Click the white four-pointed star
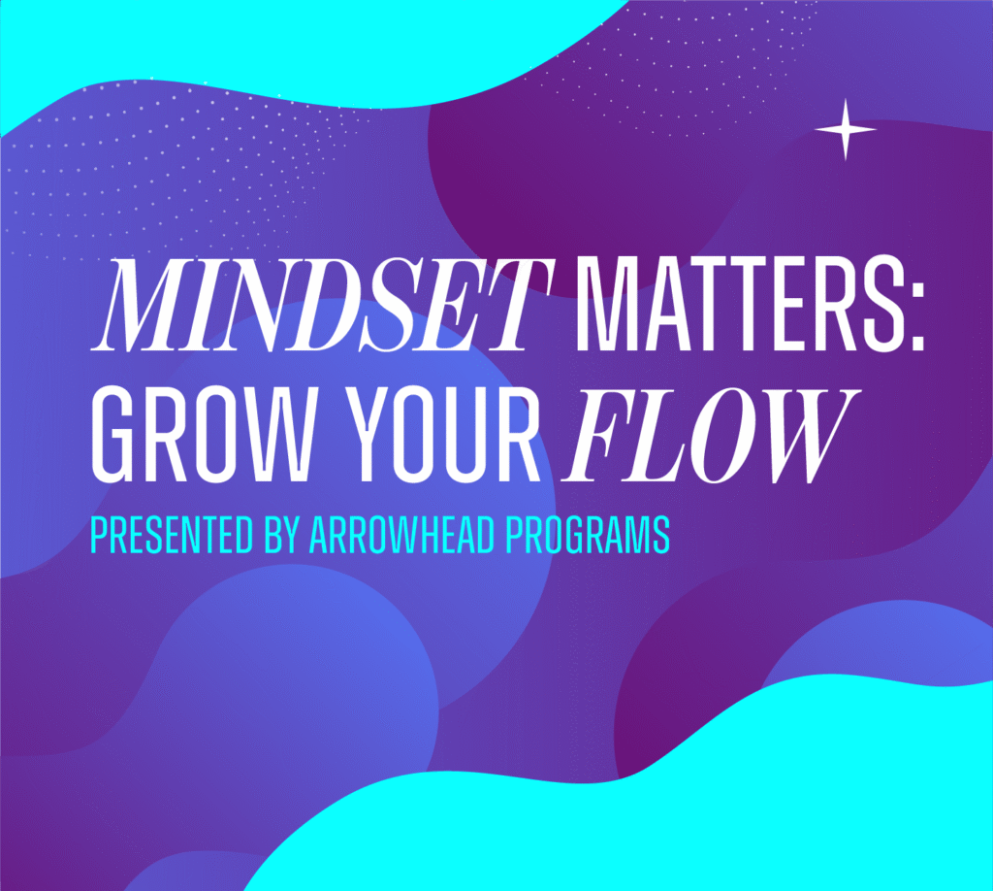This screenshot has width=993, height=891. pyautogui.click(x=845, y=129)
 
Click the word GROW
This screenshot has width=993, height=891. pyautogui.click(x=203, y=437)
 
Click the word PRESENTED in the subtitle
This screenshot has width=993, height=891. pyautogui.click(x=171, y=535)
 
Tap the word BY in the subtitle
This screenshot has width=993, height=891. pyautogui.click(x=281, y=535)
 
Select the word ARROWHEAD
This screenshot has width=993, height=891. pyautogui.click(x=402, y=535)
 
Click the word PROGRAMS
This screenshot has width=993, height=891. pyautogui.click(x=588, y=535)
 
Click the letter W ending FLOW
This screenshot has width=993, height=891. pyautogui.click(x=803, y=437)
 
